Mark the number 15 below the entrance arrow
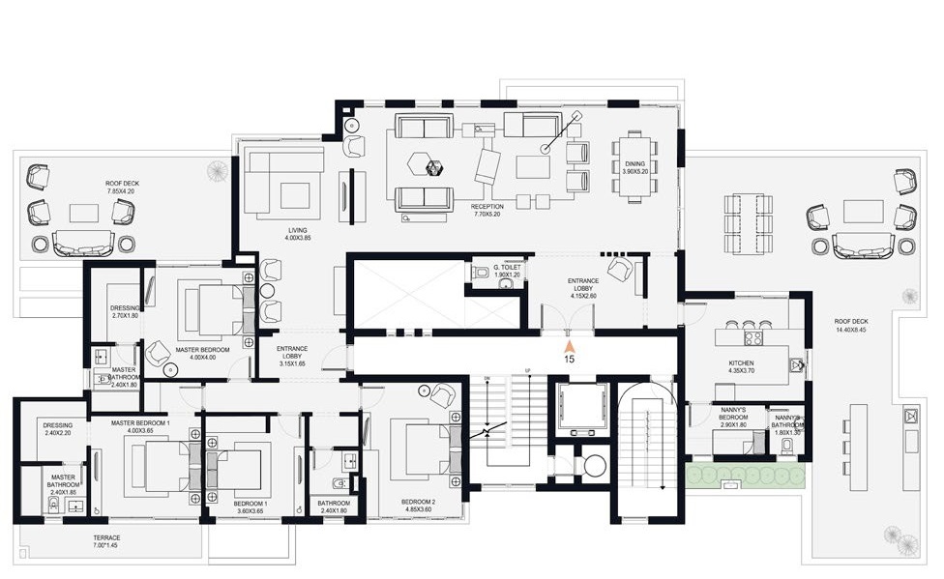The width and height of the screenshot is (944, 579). [x=570, y=359]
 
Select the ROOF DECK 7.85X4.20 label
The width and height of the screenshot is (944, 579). [x=124, y=188]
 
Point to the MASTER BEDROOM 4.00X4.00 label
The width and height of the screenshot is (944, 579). [x=202, y=354]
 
